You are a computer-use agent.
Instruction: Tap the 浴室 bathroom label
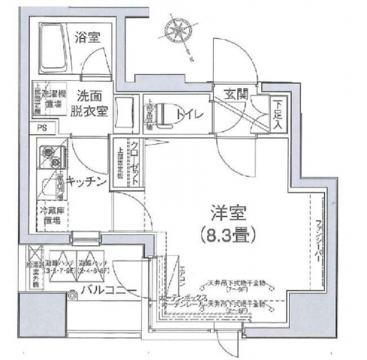pos(92,37)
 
